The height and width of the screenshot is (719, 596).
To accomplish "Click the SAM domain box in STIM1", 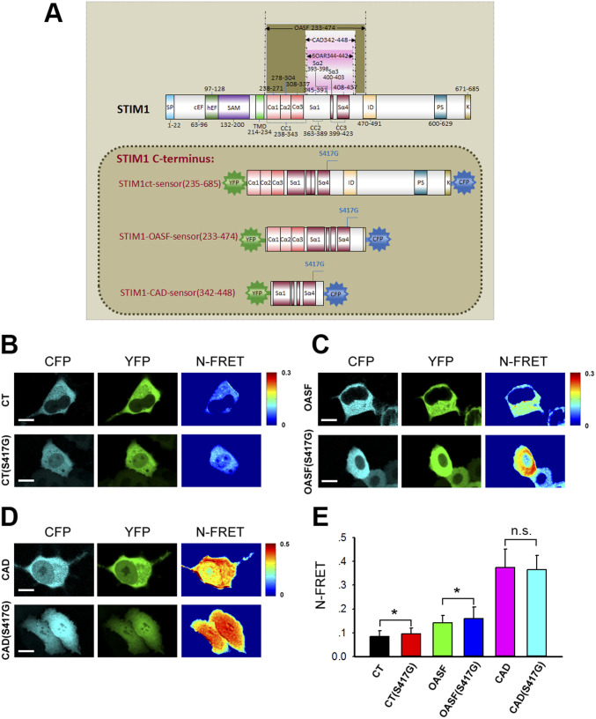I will click(232, 107).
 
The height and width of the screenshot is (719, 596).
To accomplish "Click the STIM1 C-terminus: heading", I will click(167, 158).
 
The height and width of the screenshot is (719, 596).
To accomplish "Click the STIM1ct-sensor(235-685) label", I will click(169, 182).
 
